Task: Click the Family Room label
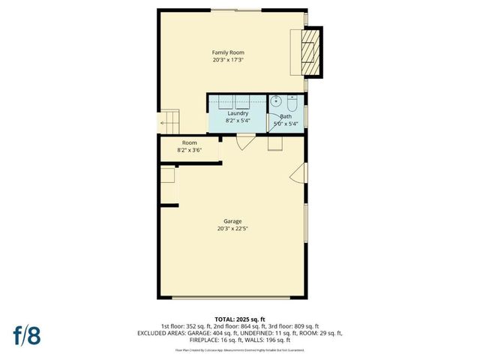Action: tap(228, 52)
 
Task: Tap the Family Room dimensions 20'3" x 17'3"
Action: tap(228, 60)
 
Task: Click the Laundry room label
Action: tap(238, 113)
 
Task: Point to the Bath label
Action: tap(286, 116)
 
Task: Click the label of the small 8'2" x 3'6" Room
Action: tap(190, 142)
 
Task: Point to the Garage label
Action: tap(232, 221)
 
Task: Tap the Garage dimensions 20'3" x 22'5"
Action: tap(232, 229)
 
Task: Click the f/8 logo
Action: tap(28, 334)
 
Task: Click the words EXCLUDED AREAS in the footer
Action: tap(163, 332)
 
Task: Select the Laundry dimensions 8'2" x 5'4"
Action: tap(238, 121)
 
